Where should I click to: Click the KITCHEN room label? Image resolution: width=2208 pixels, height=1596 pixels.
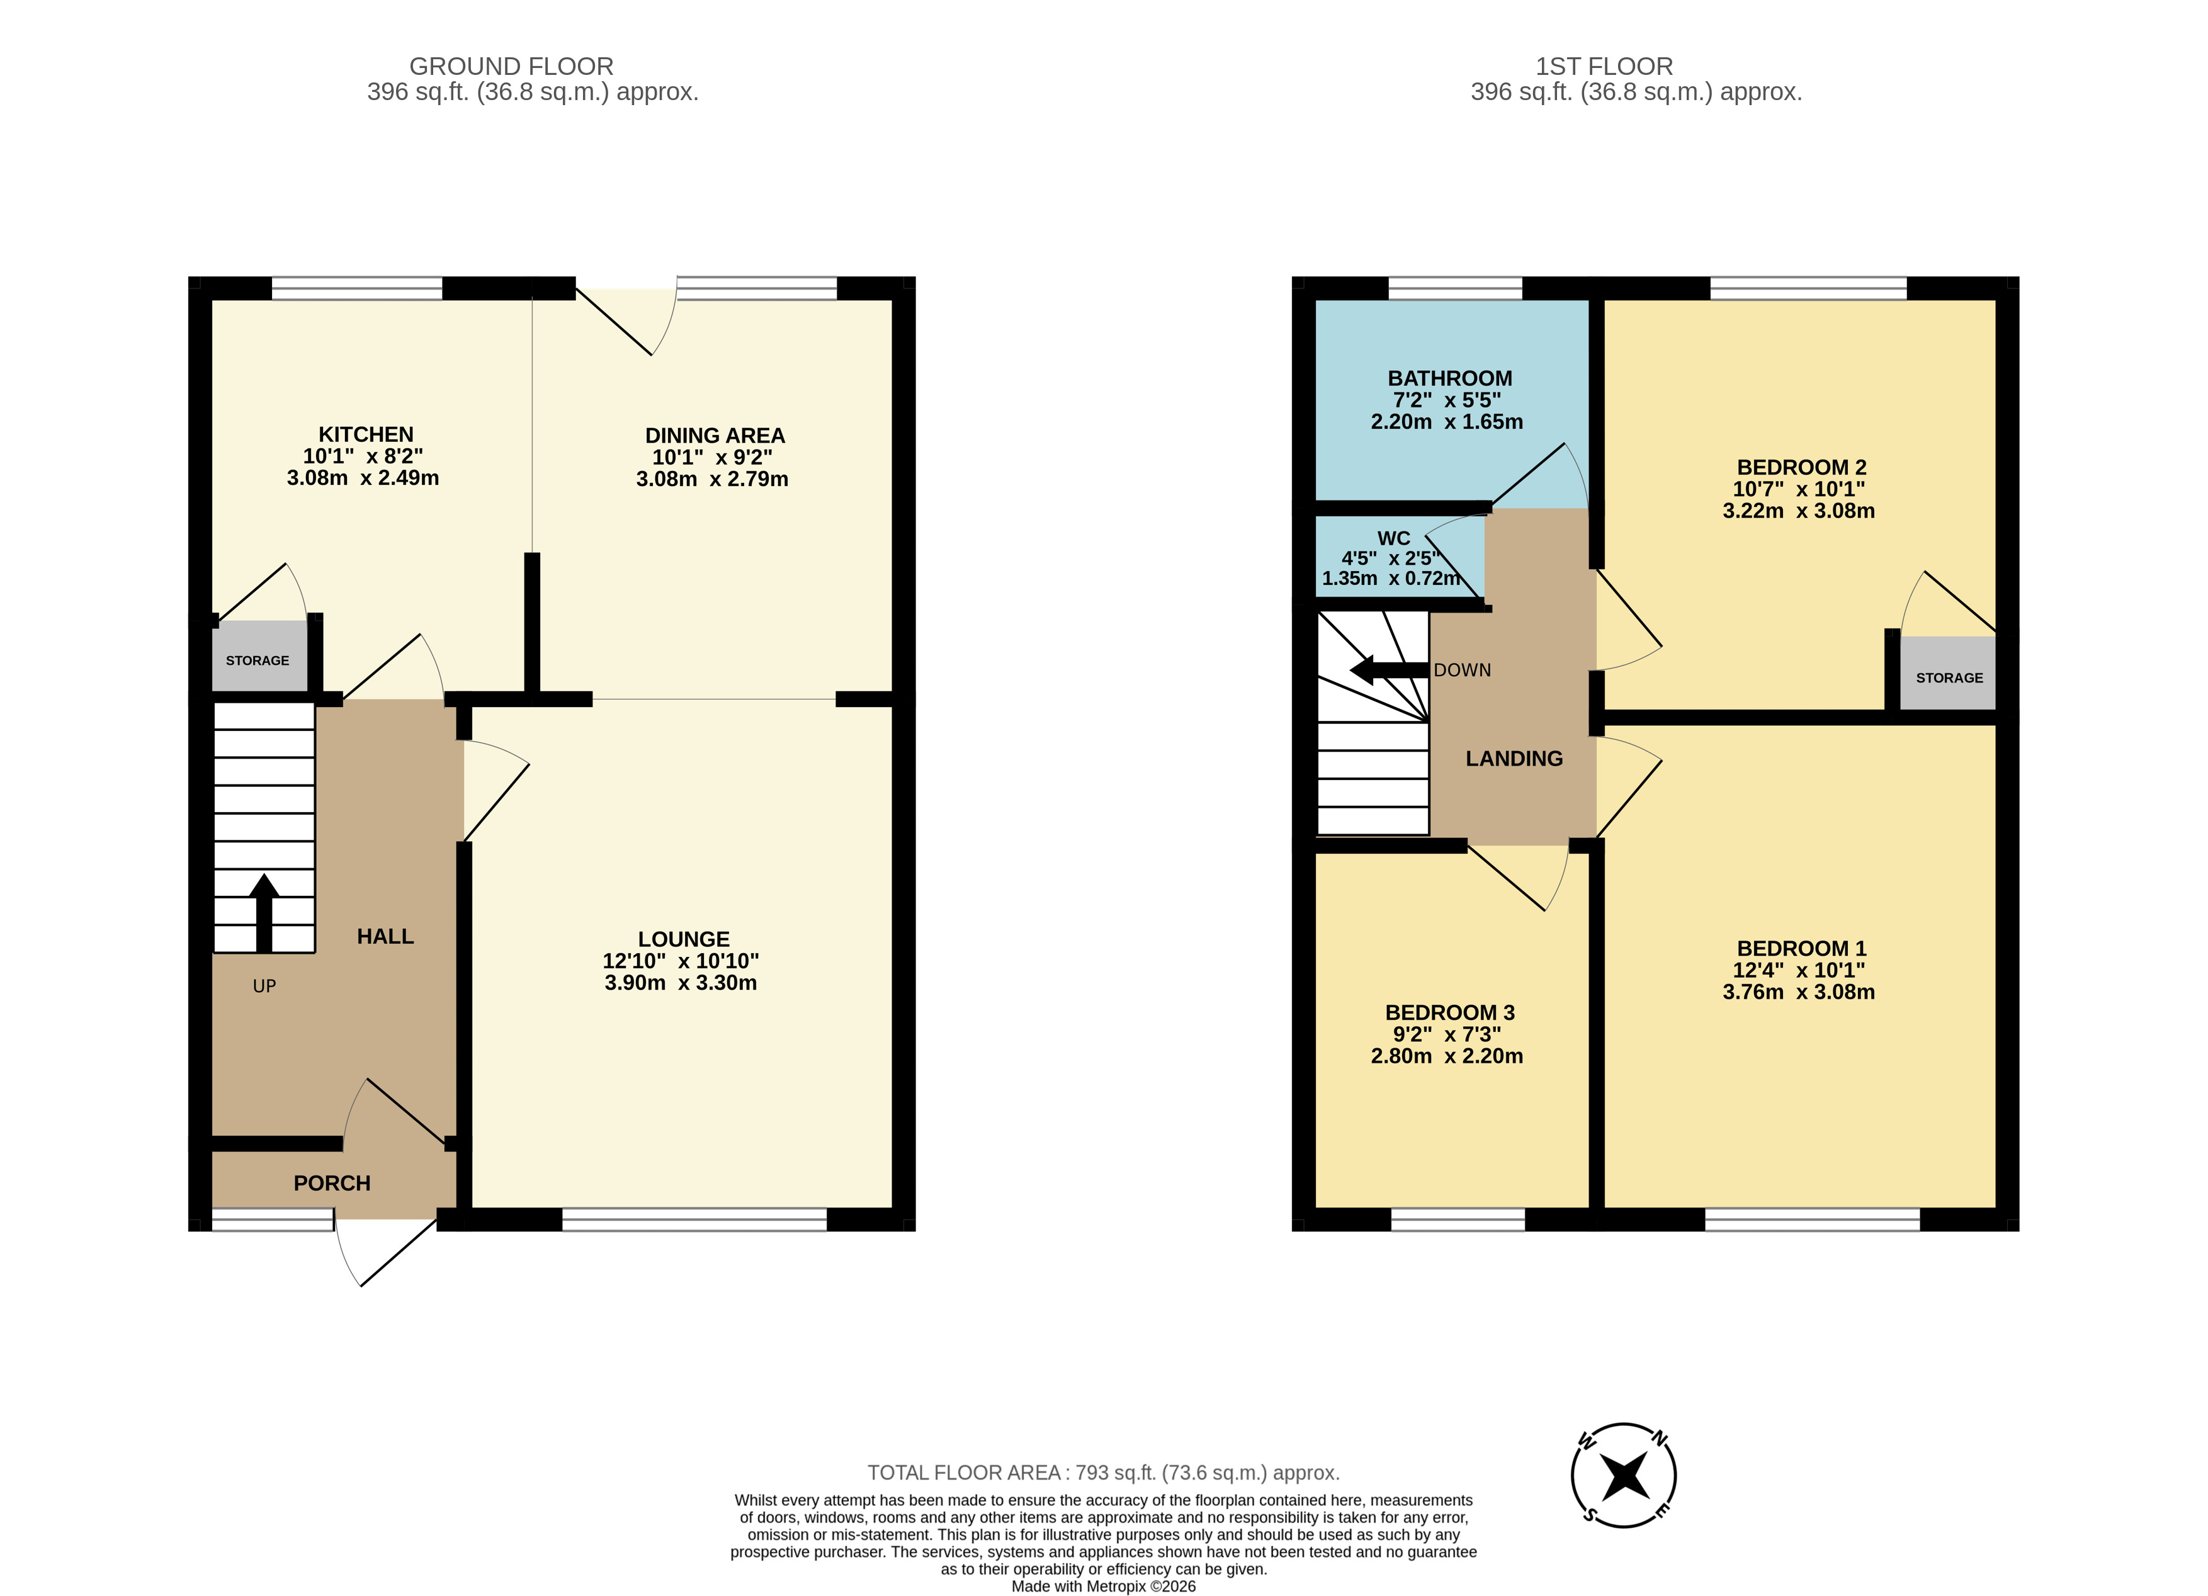pos(366,434)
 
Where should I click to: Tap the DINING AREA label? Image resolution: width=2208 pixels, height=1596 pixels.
pos(715,435)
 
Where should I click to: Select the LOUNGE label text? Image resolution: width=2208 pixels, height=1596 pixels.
pos(684,939)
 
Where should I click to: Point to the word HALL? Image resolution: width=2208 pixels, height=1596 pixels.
pos(385,936)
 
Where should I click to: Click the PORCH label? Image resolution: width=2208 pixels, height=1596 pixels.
pos(332,1183)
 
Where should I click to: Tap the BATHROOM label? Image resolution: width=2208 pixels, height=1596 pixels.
pos(1449,378)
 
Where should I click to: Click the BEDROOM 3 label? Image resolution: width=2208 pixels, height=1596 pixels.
pos(1449,1013)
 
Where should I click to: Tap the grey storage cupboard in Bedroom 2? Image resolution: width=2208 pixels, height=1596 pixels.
pos(1948,674)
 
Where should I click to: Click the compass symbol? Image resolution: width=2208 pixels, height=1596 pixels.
pos(1624,1475)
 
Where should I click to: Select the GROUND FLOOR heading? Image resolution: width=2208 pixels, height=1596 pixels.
pos(511,66)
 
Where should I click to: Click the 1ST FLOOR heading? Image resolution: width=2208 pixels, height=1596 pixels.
pos(1604,66)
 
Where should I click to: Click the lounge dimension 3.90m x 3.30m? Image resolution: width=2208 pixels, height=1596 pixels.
pos(681,983)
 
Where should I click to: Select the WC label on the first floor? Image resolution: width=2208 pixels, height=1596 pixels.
pos(1393,538)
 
